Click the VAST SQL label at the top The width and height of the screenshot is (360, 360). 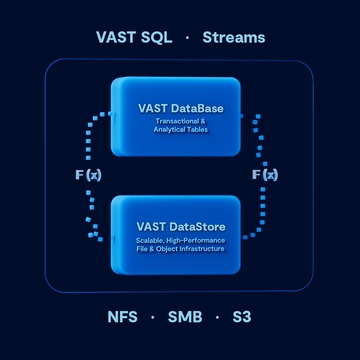pyautogui.click(x=134, y=37)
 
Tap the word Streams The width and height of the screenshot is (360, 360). pyautogui.click(x=234, y=37)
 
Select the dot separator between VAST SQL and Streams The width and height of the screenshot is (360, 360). pyautogui.click(x=187, y=38)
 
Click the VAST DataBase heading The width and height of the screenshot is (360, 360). pyautogui.click(x=181, y=108)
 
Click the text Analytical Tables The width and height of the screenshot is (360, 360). pyautogui.click(x=181, y=130)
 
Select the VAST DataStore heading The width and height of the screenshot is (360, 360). pyautogui.click(x=181, y=227)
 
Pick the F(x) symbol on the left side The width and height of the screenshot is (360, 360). pyautogui.click(x=88, y=175)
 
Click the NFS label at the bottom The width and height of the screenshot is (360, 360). pyautogui.click(x=122, y=317)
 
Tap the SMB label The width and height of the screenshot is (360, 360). pyautogui.click(x=185, y=317)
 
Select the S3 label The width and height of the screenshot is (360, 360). pyautogui.click(x=242, y=317)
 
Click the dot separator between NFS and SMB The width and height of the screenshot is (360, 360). pyautogui.click(x=153, y=317)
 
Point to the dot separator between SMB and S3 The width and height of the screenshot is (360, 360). pyautogui.click(x=217, y=317)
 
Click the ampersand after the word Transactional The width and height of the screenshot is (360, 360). pyautogui.click(x=203, y=121)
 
